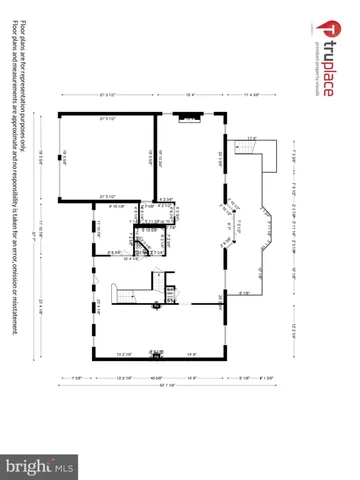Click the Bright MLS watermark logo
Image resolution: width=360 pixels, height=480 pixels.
point(40,464)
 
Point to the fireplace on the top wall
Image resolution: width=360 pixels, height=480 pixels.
point(186,115)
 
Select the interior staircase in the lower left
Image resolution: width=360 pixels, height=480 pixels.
point(120,296)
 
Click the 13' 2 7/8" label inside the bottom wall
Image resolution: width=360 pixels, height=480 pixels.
point(126,353)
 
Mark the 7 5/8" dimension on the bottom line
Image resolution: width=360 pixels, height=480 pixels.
point(77,376)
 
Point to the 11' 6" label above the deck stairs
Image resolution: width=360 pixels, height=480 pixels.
point(252,137)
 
